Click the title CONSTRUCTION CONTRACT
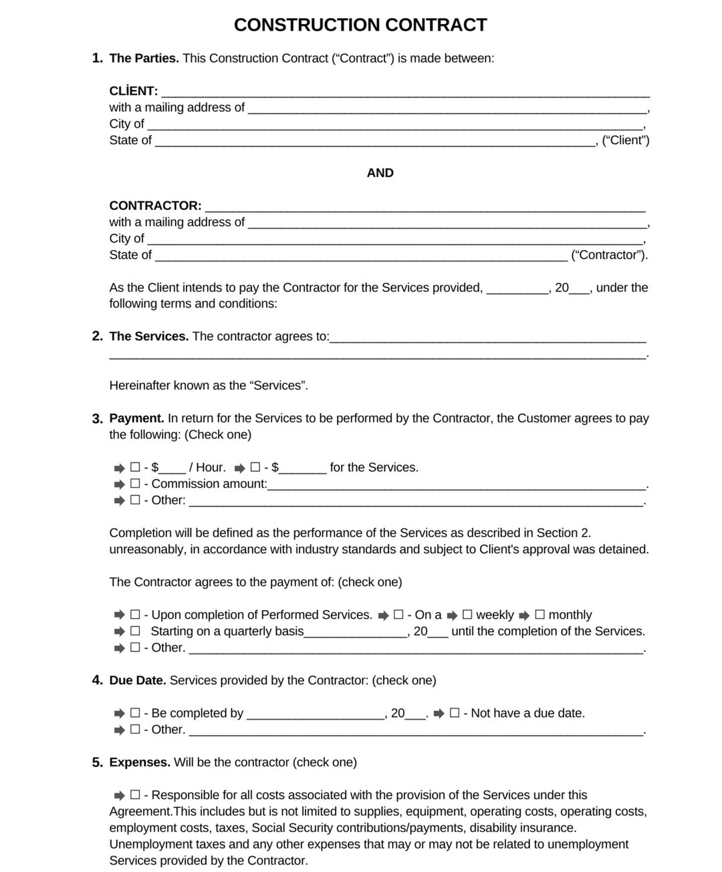click(x=360, y=25)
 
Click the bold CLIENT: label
click(x=134, y=91)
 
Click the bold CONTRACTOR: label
click(x=155, y=206)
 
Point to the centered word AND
click(x=380, y=173)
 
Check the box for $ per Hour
click(x=135, y=468)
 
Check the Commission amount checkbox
click(x=135, y=484)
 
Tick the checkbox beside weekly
click(x=467, y=615)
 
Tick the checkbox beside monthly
click(x=540, y=615)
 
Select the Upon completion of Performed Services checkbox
click(x=135, y=615)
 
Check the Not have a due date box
click(x=455, y=713)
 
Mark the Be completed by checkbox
click(x=135, y=713)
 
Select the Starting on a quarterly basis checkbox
click(x=135, y=631)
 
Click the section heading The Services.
click(x=148, y=337)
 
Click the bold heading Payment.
click(x=136, y=418)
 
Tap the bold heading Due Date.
click(x=137, y=680)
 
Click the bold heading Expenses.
click(x=139, y=762)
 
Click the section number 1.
click(x=97, y=58)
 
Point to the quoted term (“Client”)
click(x=626, y=140)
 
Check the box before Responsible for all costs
click(x=135, y=795)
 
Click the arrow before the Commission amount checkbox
click(x=119, y=484)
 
